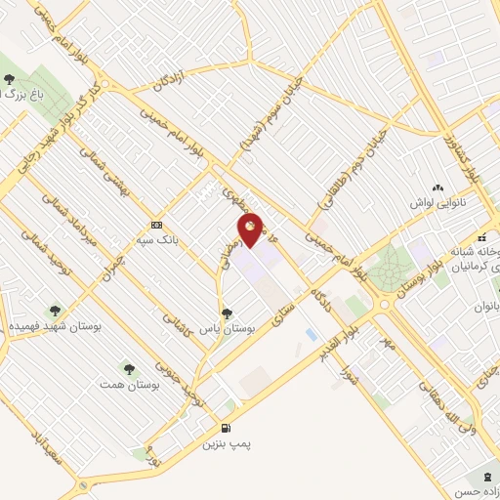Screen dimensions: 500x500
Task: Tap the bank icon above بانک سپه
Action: pos(155,224)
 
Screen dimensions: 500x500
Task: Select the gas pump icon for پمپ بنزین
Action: pos(228,429)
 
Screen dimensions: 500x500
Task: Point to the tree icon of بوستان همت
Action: pos(129,367)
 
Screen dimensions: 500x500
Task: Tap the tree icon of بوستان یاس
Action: pos(228,314)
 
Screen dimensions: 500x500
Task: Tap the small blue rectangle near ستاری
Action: pos(312,334)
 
